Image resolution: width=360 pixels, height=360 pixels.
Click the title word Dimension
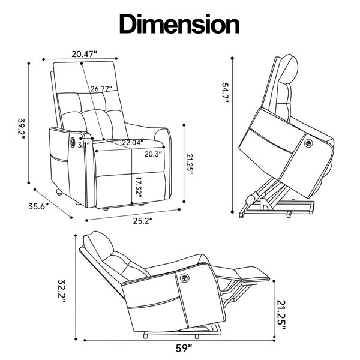point(179,24)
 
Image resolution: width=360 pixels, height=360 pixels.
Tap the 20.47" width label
point(84,54)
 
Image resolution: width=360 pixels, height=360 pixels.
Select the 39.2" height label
point(22,129)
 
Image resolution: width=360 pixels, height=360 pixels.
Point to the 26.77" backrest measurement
point(101,89)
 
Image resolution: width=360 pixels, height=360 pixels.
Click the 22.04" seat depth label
point(133,143)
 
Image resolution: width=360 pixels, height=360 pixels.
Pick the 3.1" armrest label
point(84,145)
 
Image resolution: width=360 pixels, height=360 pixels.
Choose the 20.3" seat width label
point(153,154)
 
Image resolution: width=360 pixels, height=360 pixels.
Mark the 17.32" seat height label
point(139,187)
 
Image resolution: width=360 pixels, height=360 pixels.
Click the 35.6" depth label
point(38,206)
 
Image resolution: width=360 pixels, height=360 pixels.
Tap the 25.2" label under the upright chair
point(143,221)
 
